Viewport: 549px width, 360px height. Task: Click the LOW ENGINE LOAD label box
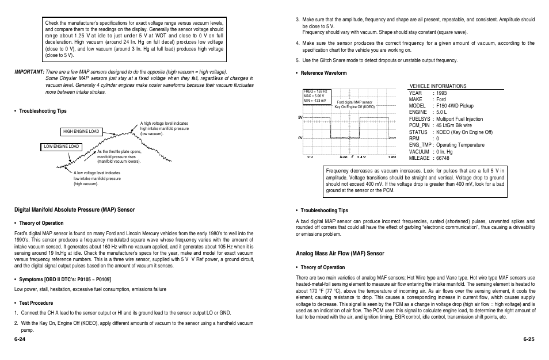62,147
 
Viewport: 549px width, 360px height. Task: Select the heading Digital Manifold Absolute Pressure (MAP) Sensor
74,210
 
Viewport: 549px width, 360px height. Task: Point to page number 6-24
21,339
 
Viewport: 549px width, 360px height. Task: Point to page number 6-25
529,339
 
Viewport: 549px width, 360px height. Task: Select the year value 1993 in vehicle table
441,93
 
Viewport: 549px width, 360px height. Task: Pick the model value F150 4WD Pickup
455,106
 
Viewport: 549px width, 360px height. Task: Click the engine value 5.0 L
441,112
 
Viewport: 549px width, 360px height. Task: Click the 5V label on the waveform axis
300,117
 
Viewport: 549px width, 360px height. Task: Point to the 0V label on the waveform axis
300,139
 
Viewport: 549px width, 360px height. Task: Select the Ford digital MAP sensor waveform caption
354,105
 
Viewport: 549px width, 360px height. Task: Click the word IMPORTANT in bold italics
29,72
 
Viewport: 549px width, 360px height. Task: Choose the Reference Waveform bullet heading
323,73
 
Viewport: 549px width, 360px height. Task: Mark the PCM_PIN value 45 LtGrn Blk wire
454,125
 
